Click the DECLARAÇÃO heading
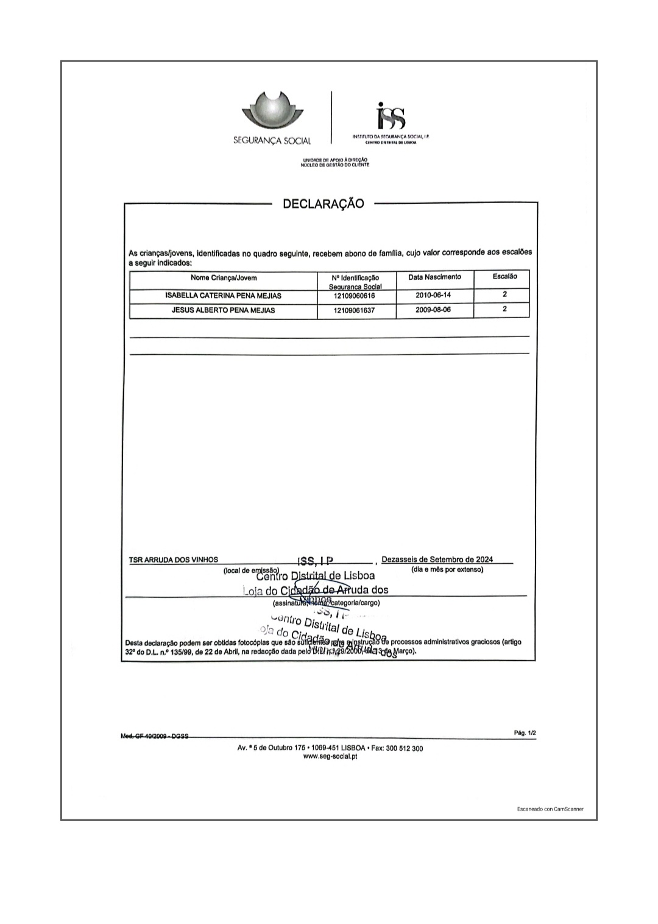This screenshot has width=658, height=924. [x=323, y=204]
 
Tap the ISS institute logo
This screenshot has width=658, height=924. [x=391, y=116]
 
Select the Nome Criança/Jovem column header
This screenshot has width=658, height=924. [x=224, y=278]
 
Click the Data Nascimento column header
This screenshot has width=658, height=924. [x=434, y=277]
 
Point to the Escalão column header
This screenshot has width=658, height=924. [x=504, y=277]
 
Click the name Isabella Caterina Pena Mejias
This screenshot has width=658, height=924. [x=223, y=296]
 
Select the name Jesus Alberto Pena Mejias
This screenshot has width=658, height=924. [x=223, y=310]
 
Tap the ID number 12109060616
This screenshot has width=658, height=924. [x=355, y=296]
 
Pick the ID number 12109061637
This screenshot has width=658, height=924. [x=355, y=310]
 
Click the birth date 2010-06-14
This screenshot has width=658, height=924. [x=433, y=295]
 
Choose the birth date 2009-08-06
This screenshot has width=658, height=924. [x=433, y=310]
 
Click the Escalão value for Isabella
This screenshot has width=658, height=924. [x=504, y=294]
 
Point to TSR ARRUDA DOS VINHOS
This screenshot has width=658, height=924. [x=174, y=560]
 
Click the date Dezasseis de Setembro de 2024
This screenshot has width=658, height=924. [x=437, y=560]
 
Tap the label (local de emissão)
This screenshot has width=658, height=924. [x=251, y=570]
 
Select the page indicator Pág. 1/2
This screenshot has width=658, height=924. [x=525, y=733]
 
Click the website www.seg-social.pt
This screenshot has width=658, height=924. [x=330, y=756]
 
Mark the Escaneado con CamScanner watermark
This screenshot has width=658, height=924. [x=550, y=809]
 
